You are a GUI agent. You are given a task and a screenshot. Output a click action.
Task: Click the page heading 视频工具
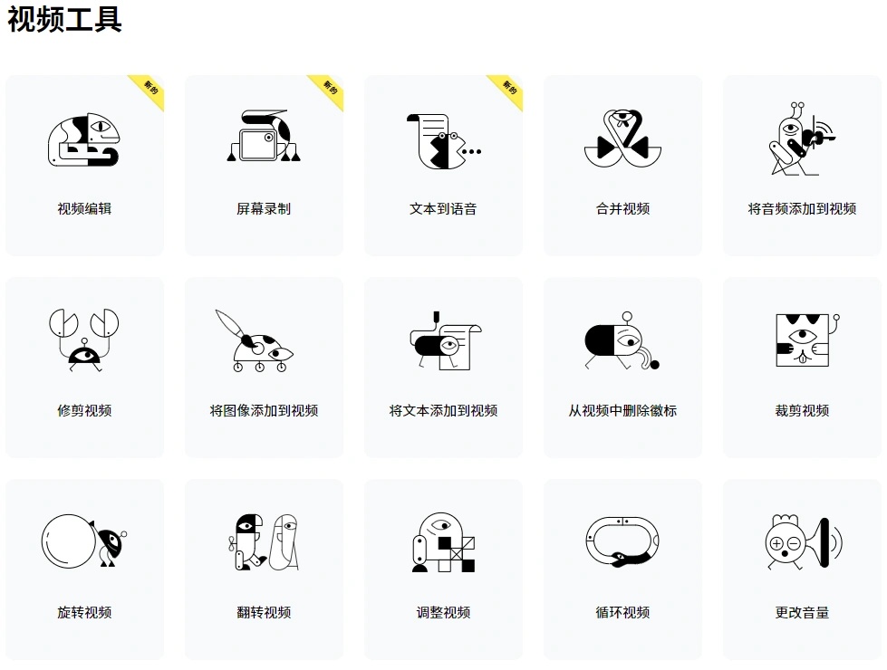[64, 19]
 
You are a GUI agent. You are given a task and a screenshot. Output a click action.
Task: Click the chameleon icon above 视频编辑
[84, 140]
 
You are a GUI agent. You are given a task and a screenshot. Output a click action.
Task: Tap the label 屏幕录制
[264, 209]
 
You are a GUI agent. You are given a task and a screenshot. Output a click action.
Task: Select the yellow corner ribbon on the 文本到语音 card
[506, 91]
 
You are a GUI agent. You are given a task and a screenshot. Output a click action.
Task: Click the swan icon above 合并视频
[622, 139]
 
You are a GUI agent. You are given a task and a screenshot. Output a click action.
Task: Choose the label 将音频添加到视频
[802, 209]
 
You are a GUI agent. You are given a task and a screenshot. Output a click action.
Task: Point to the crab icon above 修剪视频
[84, 340]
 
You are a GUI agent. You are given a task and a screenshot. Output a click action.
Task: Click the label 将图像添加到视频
[264, 411]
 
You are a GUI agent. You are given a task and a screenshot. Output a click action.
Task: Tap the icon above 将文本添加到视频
[446, 340]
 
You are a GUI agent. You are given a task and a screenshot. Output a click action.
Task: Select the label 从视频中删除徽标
[622, 411]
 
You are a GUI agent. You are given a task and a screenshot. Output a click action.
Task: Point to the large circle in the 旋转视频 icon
[69, 541]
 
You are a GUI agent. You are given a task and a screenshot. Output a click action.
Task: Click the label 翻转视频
[264, 612]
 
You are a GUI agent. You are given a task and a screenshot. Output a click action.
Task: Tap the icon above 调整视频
[444, 542]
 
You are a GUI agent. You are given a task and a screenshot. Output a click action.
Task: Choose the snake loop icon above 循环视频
[622, 541]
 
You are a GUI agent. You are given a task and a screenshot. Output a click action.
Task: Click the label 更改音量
[802, 612]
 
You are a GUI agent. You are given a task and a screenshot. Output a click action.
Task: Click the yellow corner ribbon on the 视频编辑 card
[147, 91]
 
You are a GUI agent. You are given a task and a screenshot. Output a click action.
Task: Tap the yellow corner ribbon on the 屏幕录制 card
[326, 91]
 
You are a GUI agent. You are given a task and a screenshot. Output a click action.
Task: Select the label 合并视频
[622, 209]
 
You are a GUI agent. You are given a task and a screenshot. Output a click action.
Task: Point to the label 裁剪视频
[802, 411]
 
